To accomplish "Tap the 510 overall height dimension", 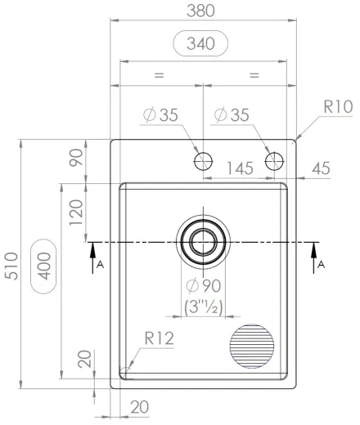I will pos(11,263).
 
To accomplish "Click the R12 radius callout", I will pos(160,337).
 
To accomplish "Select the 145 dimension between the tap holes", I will pos(238,168).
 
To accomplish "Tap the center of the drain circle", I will pos(202,242).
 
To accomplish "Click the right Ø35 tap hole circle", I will pos(274,160).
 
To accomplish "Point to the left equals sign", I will pos(160,74).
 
